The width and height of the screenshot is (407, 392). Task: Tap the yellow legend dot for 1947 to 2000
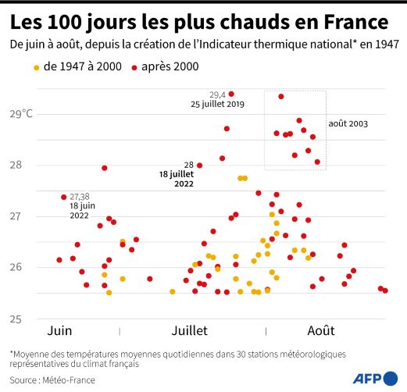[36, 68]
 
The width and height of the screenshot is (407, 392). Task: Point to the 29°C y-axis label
[20, 114]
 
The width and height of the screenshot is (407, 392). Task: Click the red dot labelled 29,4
[231, 94]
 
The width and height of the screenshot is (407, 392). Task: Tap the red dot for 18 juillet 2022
[200, 166]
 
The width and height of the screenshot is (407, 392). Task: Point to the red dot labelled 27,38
[63, 197]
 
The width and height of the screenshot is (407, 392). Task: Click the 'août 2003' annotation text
[348, 123]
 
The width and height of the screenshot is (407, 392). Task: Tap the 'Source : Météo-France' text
[52, 380]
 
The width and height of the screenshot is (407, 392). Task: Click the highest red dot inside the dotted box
[281, 97]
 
